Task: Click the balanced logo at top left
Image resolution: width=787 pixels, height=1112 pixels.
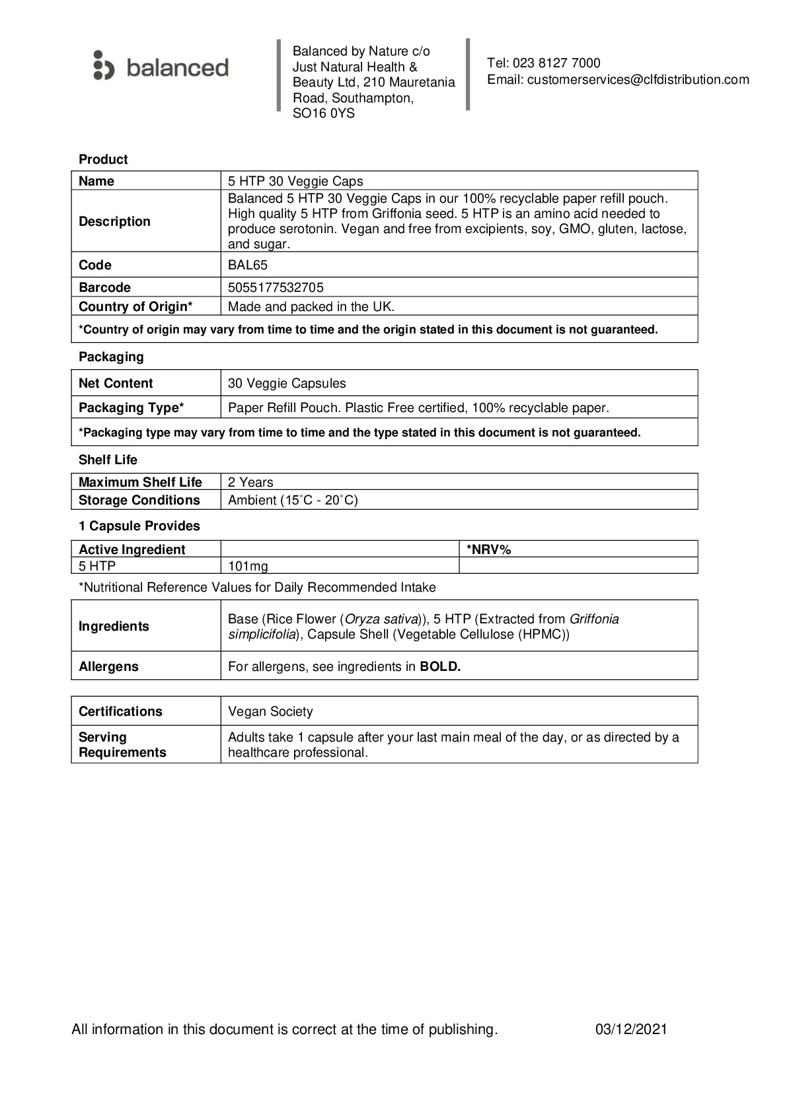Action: tap(161, 67)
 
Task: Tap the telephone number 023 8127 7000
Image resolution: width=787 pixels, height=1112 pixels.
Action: tap(556, 63)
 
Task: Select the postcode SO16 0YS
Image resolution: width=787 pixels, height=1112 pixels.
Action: tap(324, 114)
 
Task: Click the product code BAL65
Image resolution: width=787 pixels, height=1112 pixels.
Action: tap(248, 265)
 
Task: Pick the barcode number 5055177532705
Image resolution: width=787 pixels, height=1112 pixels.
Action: tap(276, 287)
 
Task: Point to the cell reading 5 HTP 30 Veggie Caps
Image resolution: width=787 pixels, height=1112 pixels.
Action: tap(295, 181)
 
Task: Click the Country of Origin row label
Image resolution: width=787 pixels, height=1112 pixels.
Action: tap(135, 306)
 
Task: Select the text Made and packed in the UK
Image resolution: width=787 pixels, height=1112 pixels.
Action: tap(311, 306)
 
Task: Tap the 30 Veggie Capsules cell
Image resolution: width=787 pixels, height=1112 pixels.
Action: tap(287, 383)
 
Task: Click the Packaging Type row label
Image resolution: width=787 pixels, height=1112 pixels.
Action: tap(131, 407)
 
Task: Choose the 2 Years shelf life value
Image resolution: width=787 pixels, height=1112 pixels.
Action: tap(250, 482)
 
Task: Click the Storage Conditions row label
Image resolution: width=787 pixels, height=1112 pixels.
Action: tap(139, 500)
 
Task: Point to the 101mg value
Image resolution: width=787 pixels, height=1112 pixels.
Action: tap(248, 566)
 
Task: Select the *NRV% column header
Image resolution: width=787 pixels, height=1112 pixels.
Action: tap(489, 549)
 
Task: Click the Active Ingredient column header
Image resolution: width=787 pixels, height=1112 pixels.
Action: tap(131, 549)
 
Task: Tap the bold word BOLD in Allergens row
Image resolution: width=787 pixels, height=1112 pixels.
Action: tap(440, 666)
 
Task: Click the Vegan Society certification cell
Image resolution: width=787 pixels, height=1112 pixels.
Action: tap(270, 711)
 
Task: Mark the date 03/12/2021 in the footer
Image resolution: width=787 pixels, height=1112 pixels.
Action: tap(631, 1029)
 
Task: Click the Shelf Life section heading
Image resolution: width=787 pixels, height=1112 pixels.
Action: tap(108, 460)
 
